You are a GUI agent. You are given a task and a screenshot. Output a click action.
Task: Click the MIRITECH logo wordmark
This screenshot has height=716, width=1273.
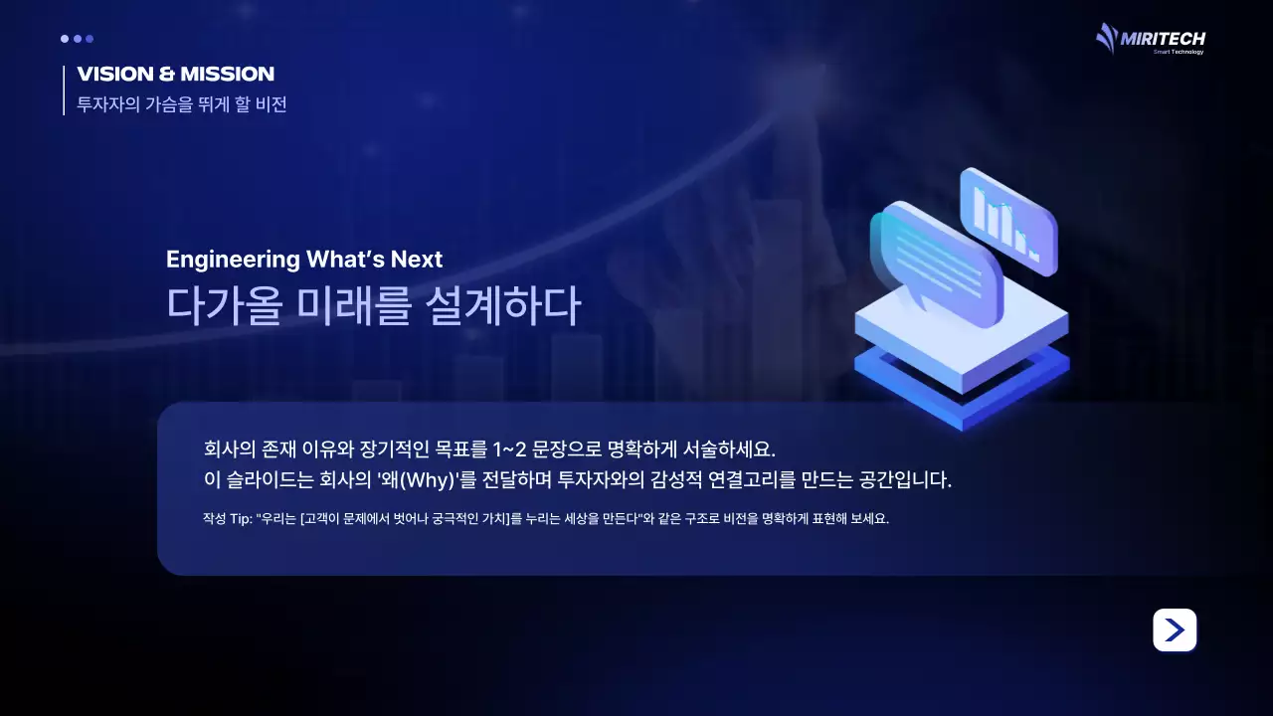(x=1163, y=39)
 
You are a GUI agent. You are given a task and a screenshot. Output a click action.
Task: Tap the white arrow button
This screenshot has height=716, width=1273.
(x=1175, y=629)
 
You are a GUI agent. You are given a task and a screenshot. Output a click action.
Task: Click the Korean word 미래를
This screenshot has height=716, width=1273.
(x=353, y=306)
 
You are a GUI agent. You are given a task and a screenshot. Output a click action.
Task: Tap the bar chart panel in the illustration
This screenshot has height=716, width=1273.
(x=1007, y=220)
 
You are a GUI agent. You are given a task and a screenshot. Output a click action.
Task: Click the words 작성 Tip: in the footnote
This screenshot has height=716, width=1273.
(x=227, y=520)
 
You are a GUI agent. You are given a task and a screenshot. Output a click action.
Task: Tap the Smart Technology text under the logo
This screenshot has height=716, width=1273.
(x=1179, y=52)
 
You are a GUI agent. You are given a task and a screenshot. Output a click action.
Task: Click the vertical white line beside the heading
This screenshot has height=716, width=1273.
(x=64, y=89)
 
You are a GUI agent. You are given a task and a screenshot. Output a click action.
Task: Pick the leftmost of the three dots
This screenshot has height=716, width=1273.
(x=65, y=39)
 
